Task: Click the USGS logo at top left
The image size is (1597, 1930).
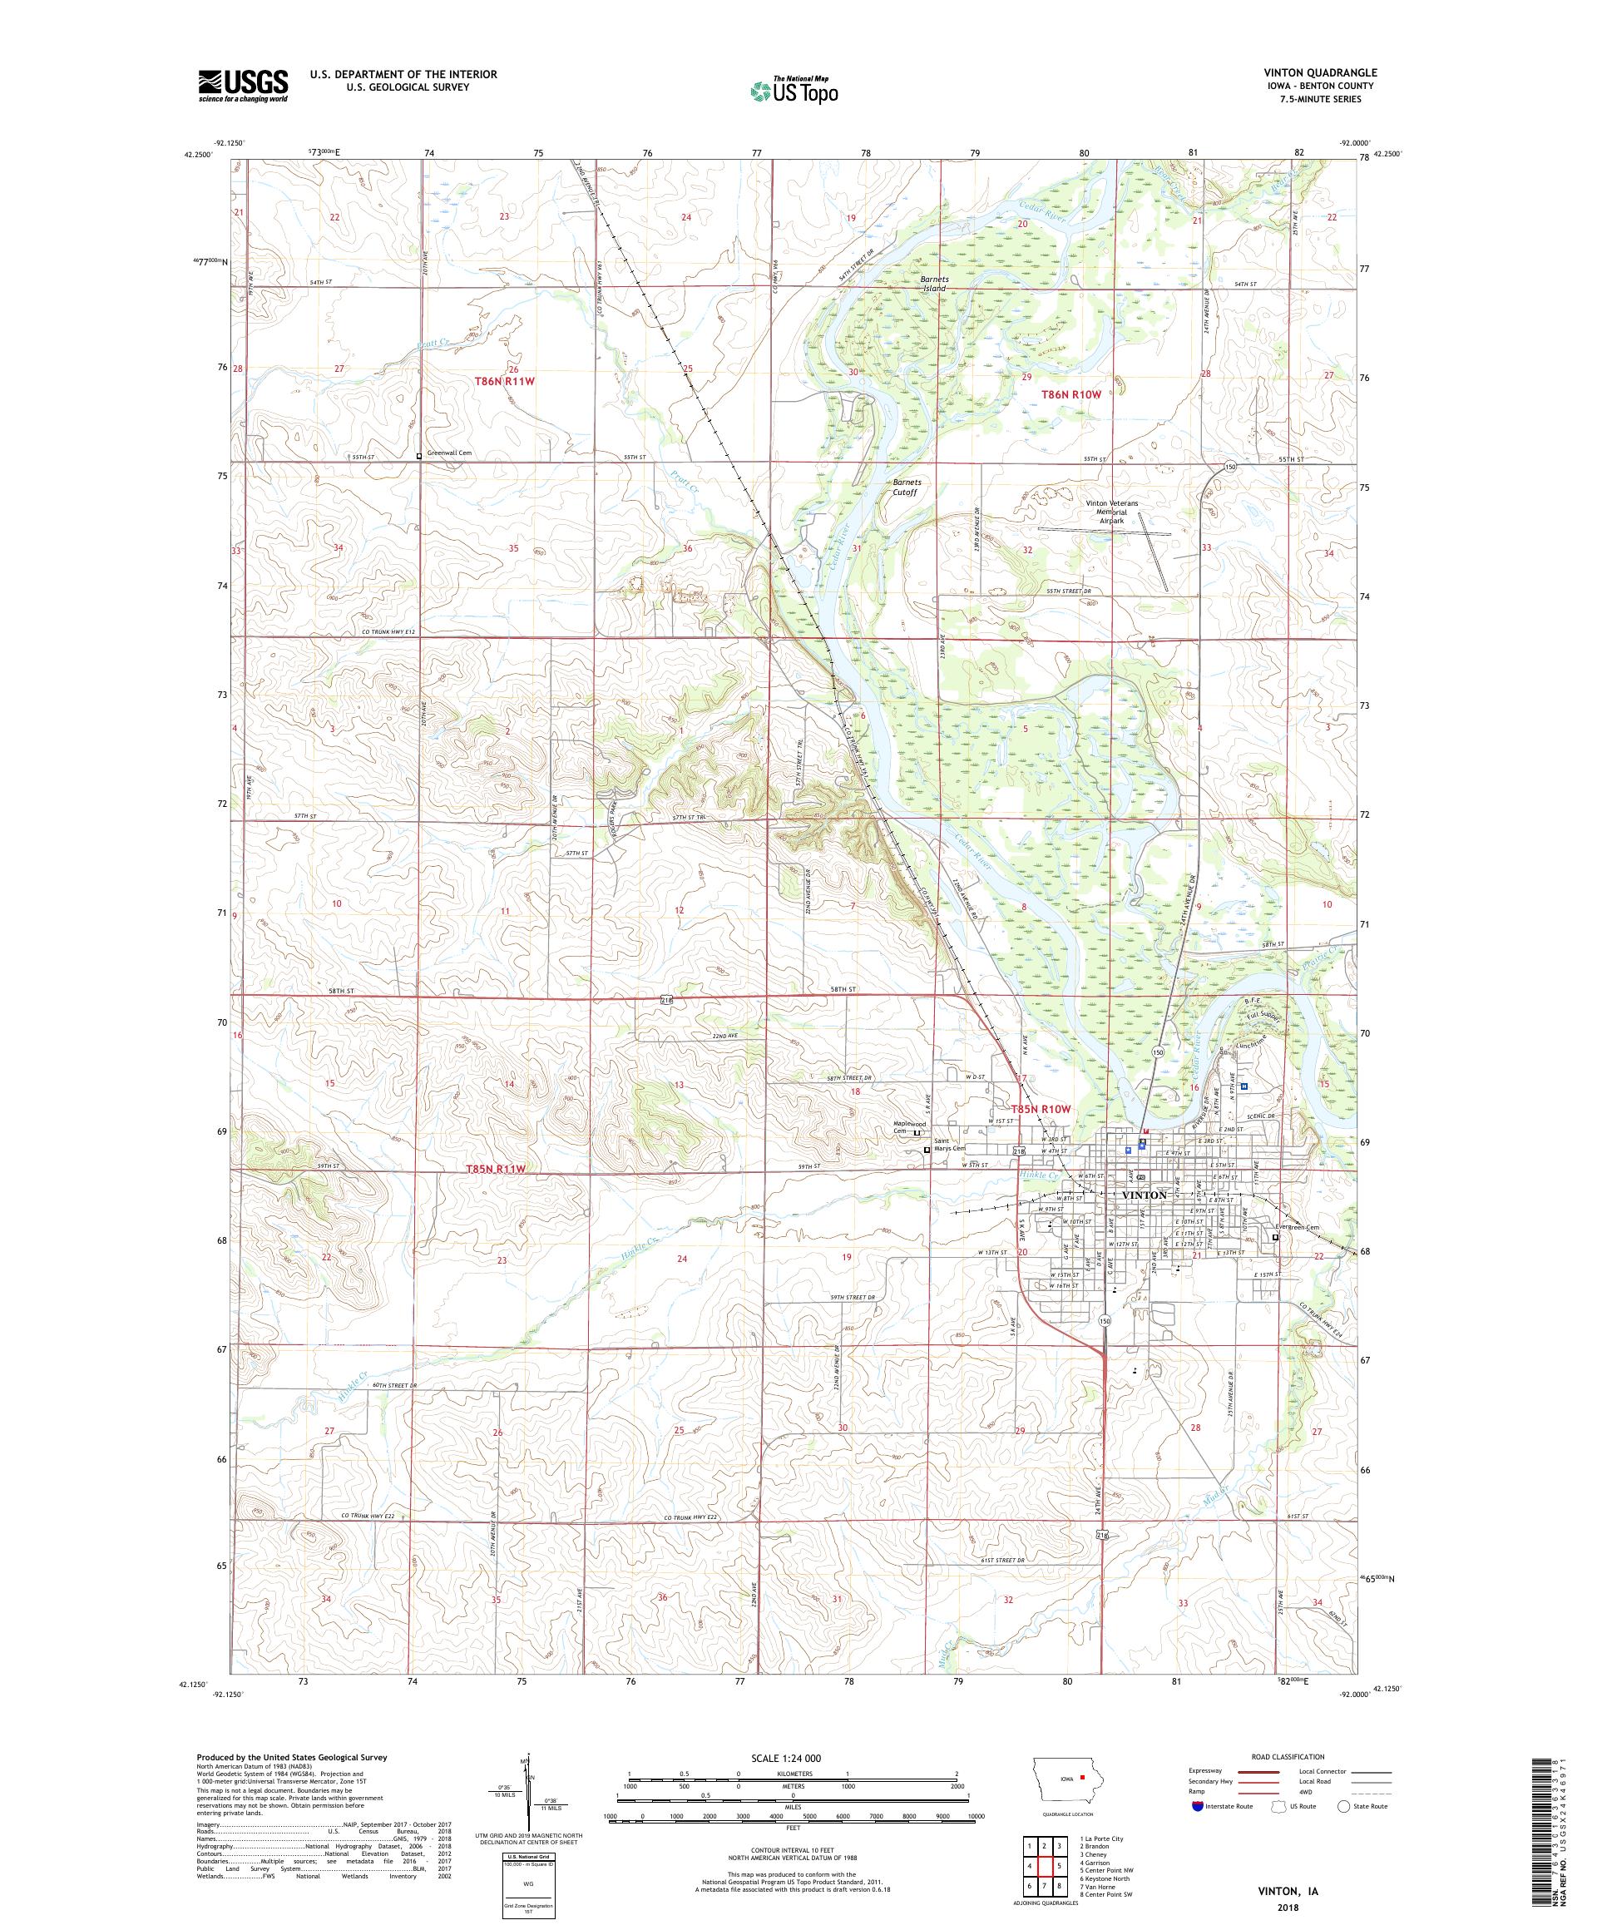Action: [x=243, y=85]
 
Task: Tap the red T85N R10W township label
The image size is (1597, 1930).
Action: [x=1041, y=1109]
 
